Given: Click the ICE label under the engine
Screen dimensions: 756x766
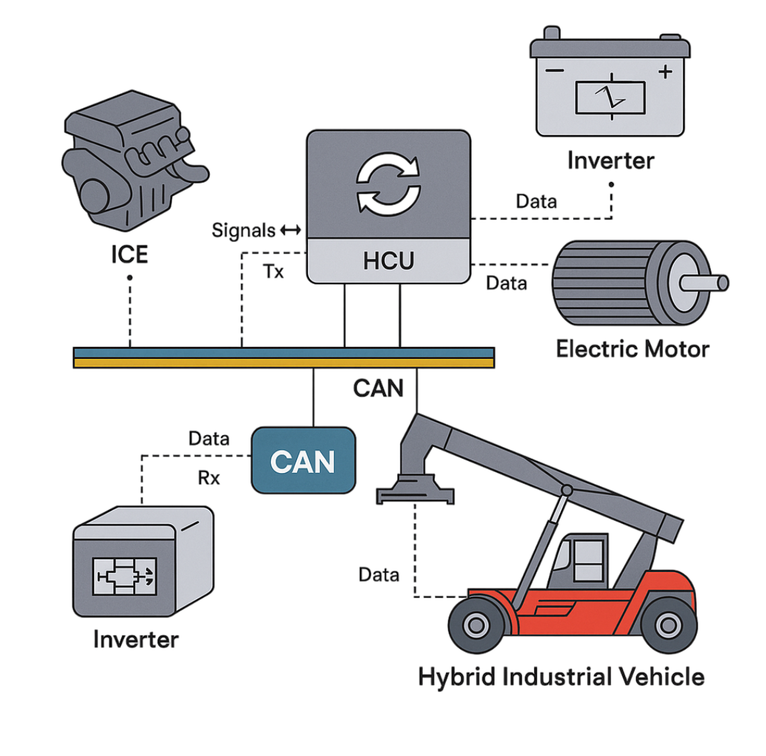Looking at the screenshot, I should click(129, 255).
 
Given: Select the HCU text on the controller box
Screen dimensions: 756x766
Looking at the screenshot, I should click(388, 261).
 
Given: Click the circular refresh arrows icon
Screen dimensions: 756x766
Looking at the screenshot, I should click(388, 183).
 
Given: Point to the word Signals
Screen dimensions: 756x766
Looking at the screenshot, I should click(243, 230).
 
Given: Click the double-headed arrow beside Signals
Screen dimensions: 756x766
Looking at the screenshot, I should click(290, 230).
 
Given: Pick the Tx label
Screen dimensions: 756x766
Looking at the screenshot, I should click(274, 272).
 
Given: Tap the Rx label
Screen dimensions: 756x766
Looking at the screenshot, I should click(209, 478).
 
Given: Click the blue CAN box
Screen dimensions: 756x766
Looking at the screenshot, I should click(302, 462).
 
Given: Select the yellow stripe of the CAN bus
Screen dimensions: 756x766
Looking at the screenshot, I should click(283, 363).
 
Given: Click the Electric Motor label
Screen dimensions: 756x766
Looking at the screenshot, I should click(632, 349).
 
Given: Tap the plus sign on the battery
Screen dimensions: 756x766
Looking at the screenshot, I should click(666, 71).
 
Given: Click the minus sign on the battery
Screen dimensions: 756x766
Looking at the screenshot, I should click(554, 71).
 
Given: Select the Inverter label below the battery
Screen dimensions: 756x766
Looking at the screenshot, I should click(610, 160).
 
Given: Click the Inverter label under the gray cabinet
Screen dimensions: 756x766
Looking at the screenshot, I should click(135, 639).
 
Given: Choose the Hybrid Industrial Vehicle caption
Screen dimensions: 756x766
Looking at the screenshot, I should click(561, 676).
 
